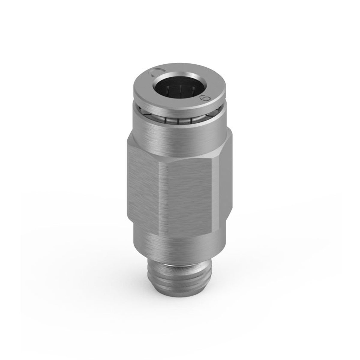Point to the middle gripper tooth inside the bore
179,90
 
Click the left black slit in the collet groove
166,120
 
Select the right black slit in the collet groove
191,120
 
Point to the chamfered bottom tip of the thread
180,288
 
